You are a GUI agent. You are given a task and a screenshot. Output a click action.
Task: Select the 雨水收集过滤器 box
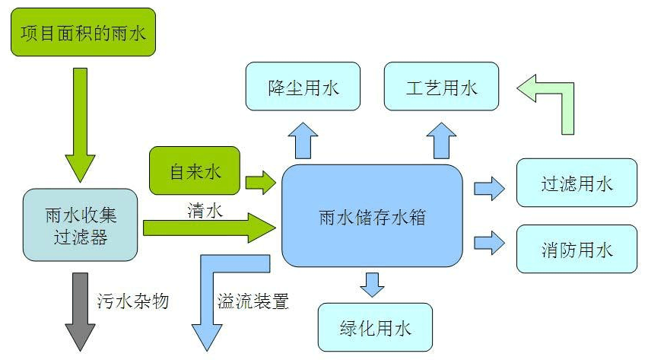[x=80, y=226]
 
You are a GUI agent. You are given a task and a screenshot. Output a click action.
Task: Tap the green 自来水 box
[x=195, y=172]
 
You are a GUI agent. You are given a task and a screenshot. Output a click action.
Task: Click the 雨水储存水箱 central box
[x=372, y=216]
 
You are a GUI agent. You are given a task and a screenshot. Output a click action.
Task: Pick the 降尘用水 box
[x=303, y=88]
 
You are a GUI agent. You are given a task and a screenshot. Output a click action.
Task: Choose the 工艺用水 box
[x=441, y=88]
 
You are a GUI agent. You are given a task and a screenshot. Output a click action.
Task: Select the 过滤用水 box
[x=576, y=183]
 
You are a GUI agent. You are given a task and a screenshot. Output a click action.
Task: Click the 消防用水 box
[x=576, y=249]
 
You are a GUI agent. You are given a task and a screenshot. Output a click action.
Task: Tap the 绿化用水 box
[x=374, y=327]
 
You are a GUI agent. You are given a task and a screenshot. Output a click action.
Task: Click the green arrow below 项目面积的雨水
[x=80, y=122]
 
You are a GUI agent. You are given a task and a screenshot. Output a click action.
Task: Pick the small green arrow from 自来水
[x=260, y=181]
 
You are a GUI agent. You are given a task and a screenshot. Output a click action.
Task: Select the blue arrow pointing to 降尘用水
[x=303, y=140]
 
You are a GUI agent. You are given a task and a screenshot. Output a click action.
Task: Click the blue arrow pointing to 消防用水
[x=489, y=243]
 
